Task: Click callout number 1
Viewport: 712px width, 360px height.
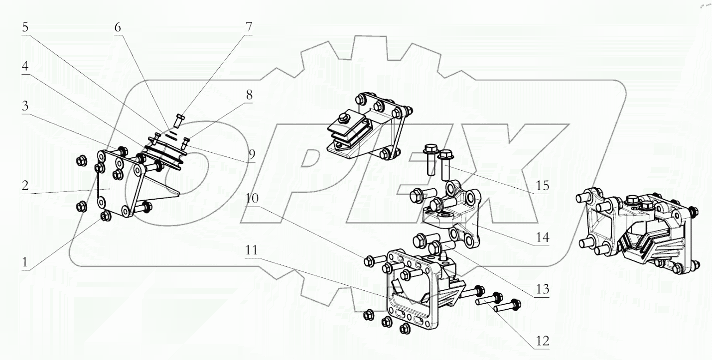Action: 25,261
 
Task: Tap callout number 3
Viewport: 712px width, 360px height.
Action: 25,107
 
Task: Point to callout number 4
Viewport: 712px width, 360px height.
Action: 25,67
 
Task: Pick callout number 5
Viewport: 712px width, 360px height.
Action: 25,28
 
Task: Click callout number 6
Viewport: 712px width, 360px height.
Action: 118,28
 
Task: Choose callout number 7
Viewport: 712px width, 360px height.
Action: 248,28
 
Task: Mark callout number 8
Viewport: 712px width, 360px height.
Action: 248,95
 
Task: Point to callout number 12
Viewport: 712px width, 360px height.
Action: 542,341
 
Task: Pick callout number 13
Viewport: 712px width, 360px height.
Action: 542,289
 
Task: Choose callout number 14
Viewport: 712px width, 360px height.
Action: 542,238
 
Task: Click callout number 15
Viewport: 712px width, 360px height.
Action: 542,186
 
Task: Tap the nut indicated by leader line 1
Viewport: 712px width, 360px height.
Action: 105,216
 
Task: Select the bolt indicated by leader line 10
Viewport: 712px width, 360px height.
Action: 370,259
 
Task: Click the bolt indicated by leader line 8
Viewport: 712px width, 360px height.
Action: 186,142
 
